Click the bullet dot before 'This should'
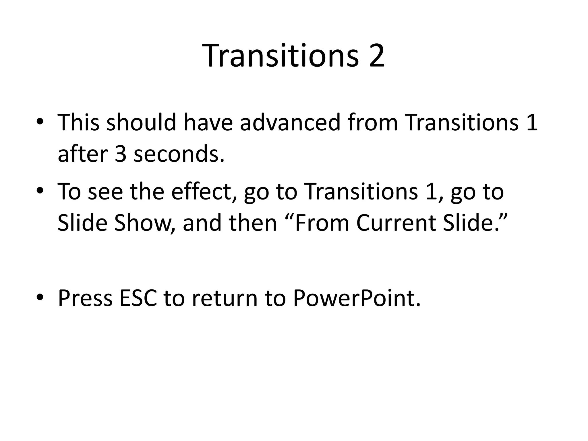point(40,122)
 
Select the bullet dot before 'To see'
point(40,191)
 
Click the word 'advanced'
point(290,122)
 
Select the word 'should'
point(141,122)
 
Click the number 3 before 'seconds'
point(121,153)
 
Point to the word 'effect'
point(201,191)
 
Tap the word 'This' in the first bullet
point(79,122)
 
